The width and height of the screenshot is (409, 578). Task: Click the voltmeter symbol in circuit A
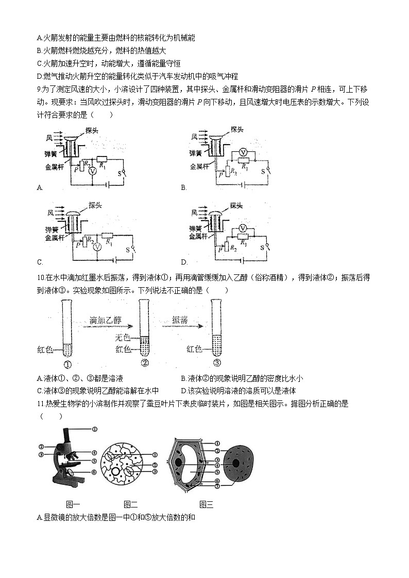pyautogui.click(x=91, y=170)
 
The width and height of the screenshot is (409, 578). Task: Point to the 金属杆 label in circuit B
pyautogui.click(x=199, y=166)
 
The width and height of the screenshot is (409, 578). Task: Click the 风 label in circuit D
pyautogui.click(x=194, y=212)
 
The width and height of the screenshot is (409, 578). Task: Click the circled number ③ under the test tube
pyautogui.click(x=217, y=362)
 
